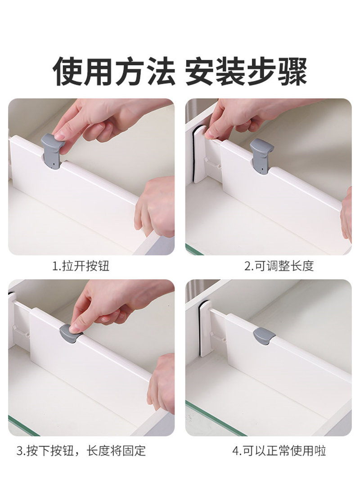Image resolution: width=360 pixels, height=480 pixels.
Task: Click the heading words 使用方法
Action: point(114,71)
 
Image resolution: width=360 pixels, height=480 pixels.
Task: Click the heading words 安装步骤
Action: point(246,71)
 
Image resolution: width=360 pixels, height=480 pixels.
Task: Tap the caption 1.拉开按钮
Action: point(81,266)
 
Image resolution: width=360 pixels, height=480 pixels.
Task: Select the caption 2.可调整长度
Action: point(279,266)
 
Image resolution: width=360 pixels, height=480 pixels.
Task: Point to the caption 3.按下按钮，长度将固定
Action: point(81,451)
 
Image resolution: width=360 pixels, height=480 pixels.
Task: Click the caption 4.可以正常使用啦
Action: point(279,451)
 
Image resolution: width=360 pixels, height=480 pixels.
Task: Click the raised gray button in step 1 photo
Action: point(52,150)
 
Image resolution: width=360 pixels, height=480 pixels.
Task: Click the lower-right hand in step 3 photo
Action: point(162,383)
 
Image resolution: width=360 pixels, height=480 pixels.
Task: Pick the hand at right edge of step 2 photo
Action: point(346,214)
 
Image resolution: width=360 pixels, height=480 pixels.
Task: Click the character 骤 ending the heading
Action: point(292,71)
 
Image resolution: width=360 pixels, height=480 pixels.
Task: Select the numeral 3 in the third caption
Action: point(20,451)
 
